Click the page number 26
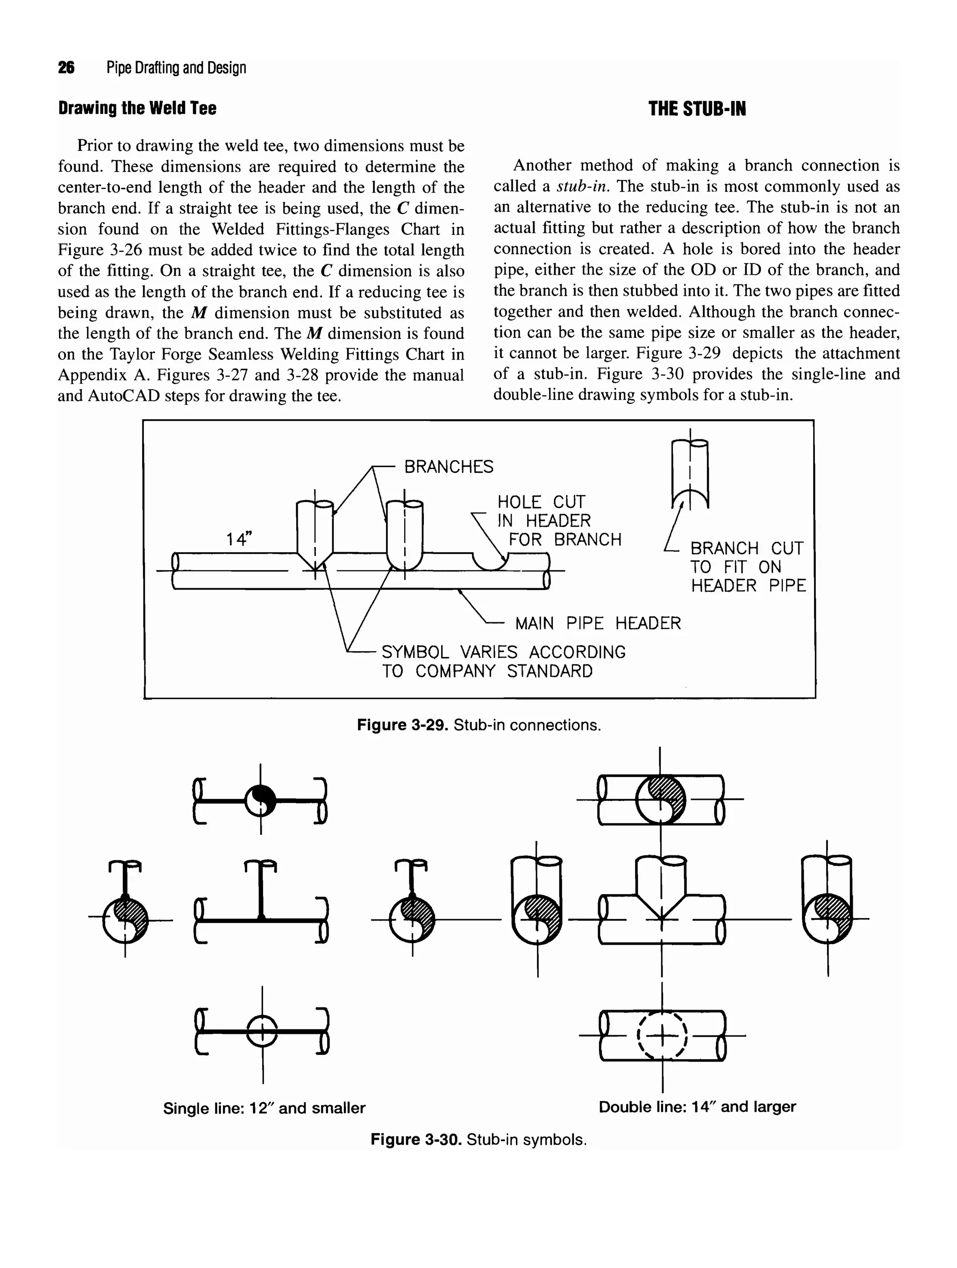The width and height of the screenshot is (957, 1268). coord(66,68)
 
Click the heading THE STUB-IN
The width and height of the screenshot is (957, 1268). coord(697,109)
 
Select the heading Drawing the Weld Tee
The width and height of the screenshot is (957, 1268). coord(137,108)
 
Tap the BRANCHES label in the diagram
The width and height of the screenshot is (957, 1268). coord(449,467)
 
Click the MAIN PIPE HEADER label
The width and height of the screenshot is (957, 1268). coord(598,623)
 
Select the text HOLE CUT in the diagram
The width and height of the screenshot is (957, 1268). coord(541,502)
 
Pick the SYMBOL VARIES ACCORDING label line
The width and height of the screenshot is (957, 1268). coord(503,652)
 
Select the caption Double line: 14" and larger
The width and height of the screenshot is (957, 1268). coord(697,1106)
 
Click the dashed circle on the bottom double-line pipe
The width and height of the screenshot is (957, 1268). coord(662,1036)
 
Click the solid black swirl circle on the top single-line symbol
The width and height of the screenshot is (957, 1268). coord(260,800)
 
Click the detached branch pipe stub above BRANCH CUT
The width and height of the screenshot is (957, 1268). coord(690,473)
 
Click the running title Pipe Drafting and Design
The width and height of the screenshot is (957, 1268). coord(176,68)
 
